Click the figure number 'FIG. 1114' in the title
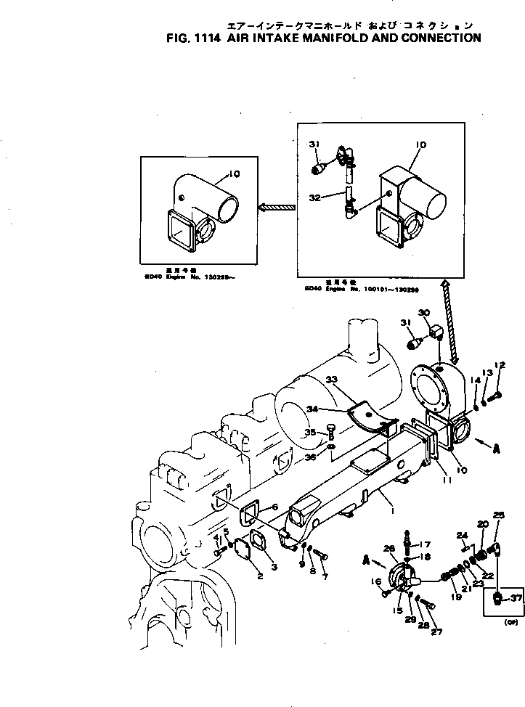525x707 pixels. click(196, 38)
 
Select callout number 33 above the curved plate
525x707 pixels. click(332, 380)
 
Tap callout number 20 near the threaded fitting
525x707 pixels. click(482, 524)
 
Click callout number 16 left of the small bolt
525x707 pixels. click(375, 582)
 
